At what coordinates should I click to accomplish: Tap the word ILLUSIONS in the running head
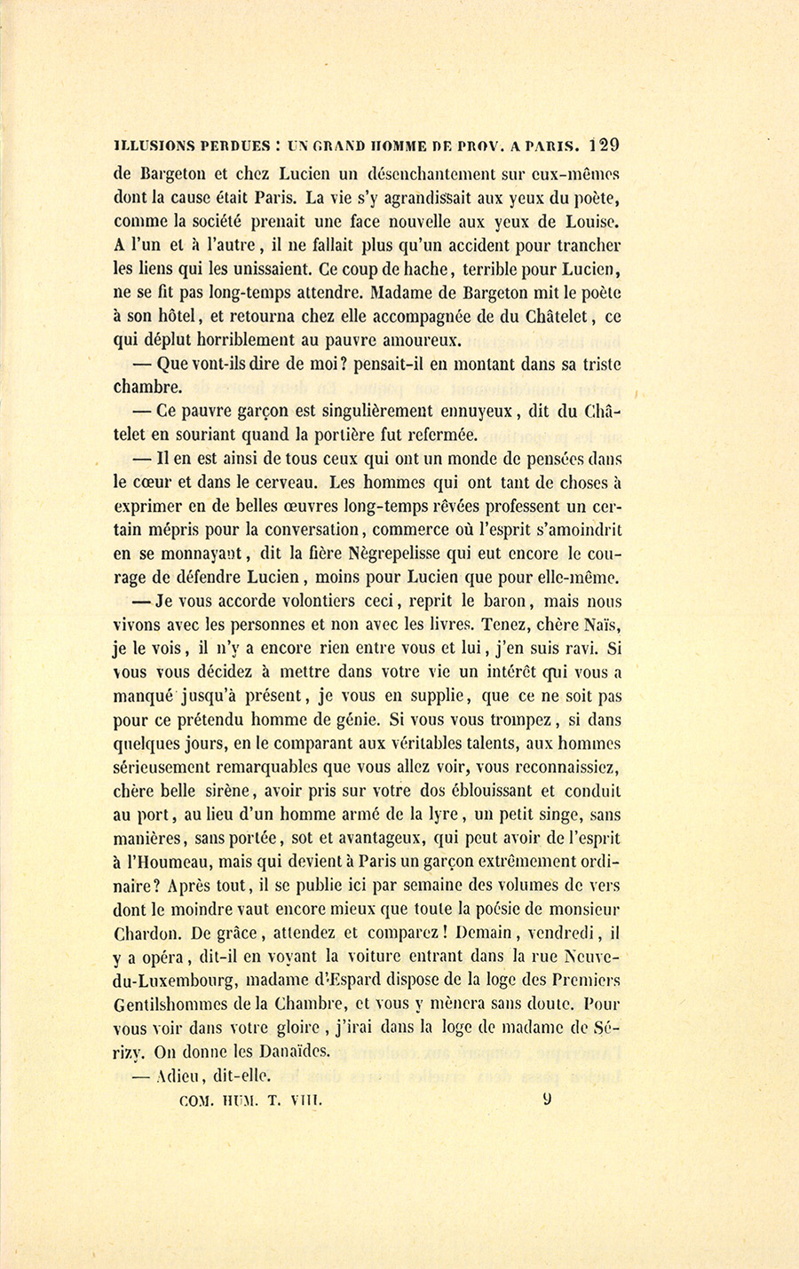[153, 146]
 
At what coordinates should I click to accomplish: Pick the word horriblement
[237, 339]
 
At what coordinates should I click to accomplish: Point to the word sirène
[223, 792]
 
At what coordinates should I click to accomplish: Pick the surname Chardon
[149, 934]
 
